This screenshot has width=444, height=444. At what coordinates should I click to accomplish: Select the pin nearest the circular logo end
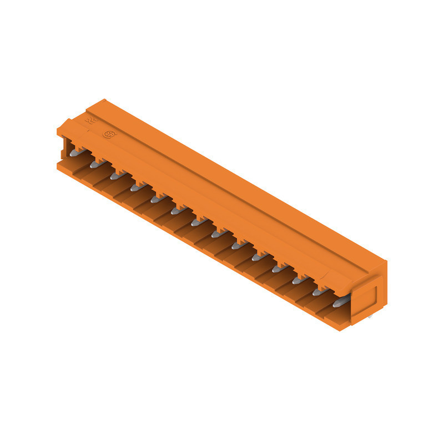[77, 150]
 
